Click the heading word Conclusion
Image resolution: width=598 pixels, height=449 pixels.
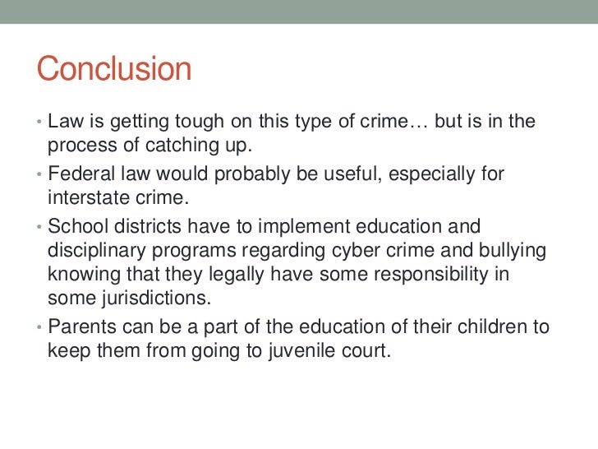click(113, 69)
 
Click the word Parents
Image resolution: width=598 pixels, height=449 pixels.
click(84, 326)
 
